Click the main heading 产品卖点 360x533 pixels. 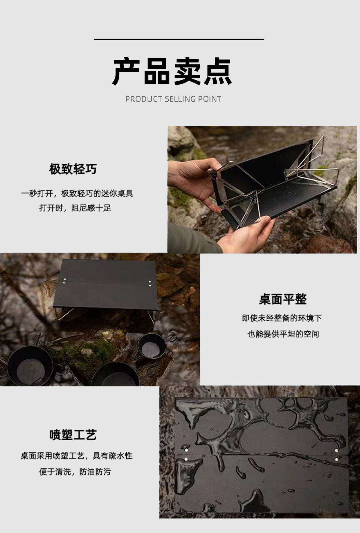[x=172, y=71]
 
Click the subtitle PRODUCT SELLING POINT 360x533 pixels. [x=173, y=99]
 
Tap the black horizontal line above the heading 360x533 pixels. [x=179, y=39]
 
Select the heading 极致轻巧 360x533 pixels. [x=73, y=169]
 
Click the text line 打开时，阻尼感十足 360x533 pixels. [x=75, y=208]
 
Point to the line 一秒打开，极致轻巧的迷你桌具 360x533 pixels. [x=77, y=193]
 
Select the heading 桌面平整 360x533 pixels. [x=283, y=299]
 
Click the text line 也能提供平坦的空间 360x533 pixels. [x=283, y=334]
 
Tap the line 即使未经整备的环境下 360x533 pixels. [x=282, y=318]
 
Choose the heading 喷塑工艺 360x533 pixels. [x=73, y=435]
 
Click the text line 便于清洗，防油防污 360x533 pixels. [x=75, y=472]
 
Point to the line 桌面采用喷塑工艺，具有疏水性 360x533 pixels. [x=76, y=455]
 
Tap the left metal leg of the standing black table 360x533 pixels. [x=65, y=315]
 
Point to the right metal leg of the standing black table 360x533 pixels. [x=151, y=316]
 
